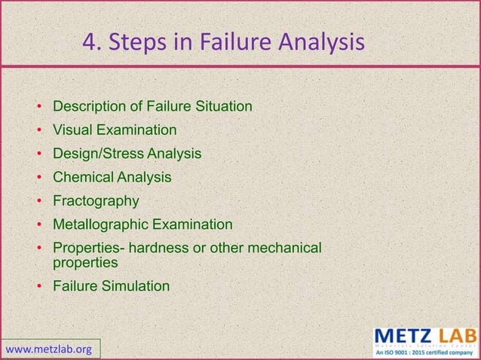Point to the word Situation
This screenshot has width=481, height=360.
(x=224, y=106)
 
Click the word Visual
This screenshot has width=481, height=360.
(x=72, y=130)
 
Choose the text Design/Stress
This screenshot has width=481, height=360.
(x=98, y=154)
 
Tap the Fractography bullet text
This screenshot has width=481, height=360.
(x=96, y=201)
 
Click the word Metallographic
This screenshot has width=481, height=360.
(x=100, y=224)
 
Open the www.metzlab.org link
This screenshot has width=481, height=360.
(x=49, y=349)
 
